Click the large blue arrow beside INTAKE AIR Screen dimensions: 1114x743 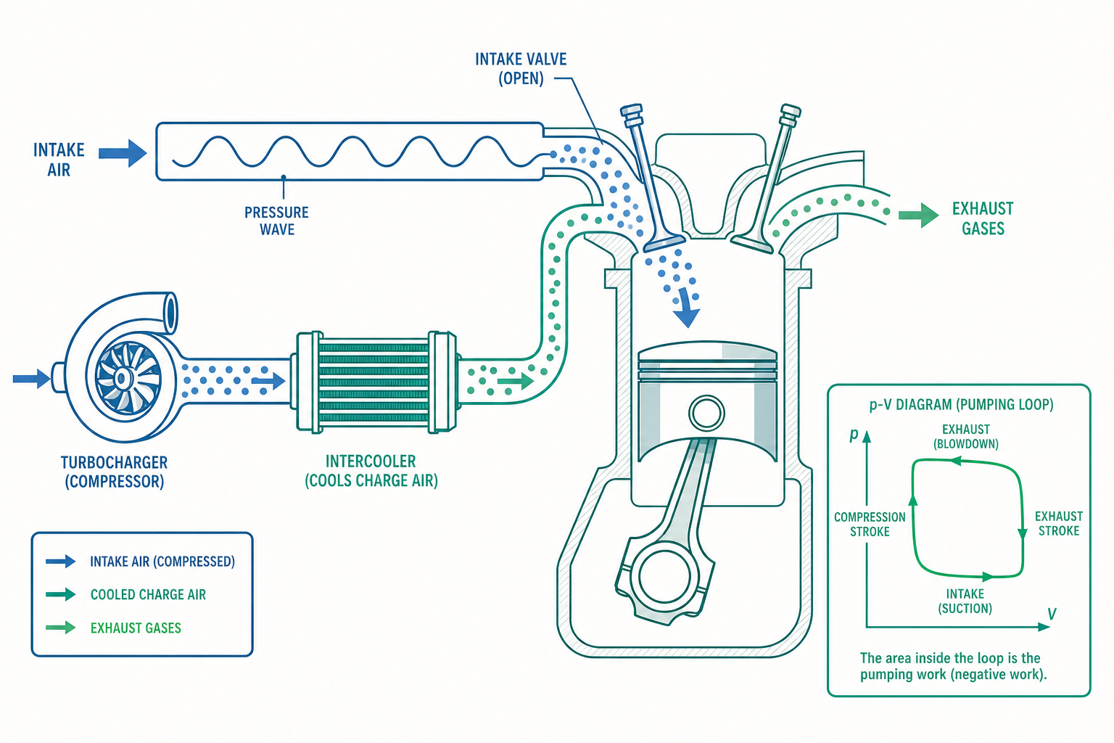(x=123, y=153)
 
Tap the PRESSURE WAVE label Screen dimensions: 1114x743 (x=276, y=221)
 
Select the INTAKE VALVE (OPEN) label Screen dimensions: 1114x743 (x=521, y=69)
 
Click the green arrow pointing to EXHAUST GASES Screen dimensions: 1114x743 (x=918, y=215)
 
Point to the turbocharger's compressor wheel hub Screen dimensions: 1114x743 (x=122, y=379)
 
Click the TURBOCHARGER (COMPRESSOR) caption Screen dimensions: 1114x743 (x=114, y=472)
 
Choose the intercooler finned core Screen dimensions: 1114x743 (x=373, y=382)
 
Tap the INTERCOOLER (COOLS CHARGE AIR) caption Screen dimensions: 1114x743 (x=371, y=471)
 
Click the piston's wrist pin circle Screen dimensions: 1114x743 (x=706, y=413)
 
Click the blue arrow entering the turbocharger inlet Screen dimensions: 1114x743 (x=31, y=379)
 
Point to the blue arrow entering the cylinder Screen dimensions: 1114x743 (x=687, y=308)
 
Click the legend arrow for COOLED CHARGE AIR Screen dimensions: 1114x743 (x=60, y=594)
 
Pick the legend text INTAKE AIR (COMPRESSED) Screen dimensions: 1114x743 (x=162, y=562)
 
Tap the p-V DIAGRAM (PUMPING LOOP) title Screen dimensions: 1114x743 (x=961, y=405)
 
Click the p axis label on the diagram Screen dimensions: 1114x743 (x=854, y=435)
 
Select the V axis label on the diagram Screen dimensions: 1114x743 (x=1052, y=614)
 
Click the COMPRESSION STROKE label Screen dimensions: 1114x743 (x=870, y=525)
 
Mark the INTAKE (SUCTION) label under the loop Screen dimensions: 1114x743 (x=965, y=602)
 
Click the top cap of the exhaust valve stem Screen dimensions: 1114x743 (x=791, y=110)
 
